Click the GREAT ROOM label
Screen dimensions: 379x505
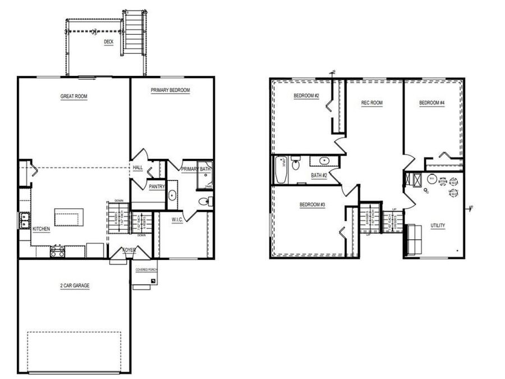(74, 97)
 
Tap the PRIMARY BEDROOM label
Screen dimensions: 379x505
(170, 90)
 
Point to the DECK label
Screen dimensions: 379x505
(108, 42)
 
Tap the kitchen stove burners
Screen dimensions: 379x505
(57, 252)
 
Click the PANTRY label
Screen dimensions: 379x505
(156, 186)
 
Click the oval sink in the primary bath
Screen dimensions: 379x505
(172, 195)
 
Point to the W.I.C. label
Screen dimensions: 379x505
(178, 220)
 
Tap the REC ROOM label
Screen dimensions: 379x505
(371, 103)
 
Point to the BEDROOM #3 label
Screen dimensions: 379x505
(313, 204)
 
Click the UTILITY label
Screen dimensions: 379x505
(438, 226)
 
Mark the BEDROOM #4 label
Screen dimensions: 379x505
(432, 103)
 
